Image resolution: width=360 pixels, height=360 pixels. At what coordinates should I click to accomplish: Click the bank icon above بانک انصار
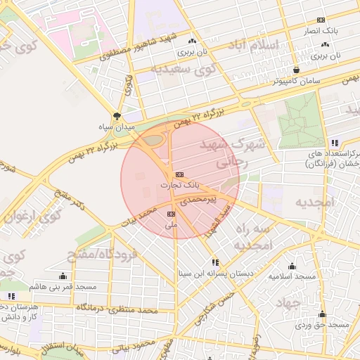click(x=321, y=20)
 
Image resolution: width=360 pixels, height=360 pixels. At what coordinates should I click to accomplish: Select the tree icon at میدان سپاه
click(x=117, y=117)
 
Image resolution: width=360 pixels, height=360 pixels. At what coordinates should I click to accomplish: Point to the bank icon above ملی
click(x=171, y=213)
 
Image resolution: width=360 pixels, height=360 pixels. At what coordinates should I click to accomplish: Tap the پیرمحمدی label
click(x=184, y=200)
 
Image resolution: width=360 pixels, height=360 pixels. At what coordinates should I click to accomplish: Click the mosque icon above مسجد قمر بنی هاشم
click(x=63, y=276)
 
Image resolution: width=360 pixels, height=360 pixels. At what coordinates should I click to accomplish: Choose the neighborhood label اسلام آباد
click(x=256, y=46)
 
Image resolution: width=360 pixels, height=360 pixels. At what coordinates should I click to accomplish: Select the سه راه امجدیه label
click(x=253, y=238)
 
